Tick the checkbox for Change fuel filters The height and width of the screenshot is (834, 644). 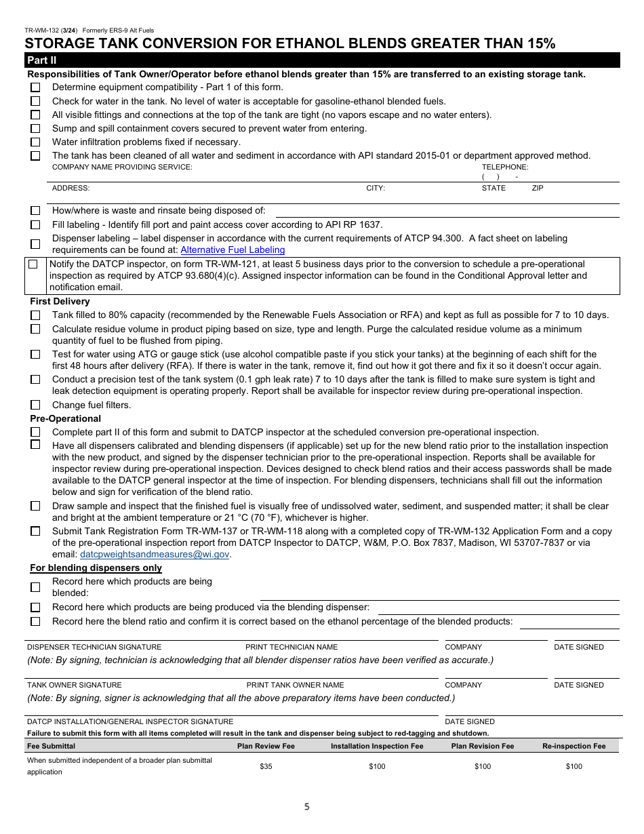[x=35, y=405]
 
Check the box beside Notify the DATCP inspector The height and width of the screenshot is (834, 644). [x=33, y=264]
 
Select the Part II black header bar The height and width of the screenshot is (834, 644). [x=322, y=60]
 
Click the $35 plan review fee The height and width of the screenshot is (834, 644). [x=266, y=766]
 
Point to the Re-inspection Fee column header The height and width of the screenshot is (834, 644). [x=573, y=746]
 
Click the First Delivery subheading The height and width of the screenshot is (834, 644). [x=60, y=301]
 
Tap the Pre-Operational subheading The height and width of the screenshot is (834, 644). [x=65, y=418]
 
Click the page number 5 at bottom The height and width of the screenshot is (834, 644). [x=306, y=807]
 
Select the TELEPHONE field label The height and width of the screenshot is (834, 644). [x=504, y=167]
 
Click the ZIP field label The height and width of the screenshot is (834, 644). [x=538, y=188]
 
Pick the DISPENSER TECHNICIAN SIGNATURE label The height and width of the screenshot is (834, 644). [x=94, y=647]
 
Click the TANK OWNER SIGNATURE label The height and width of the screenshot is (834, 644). [x=75, y=685]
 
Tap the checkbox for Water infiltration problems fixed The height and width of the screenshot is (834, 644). [x=35, y=142]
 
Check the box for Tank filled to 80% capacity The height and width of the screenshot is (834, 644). [x=35, y=315]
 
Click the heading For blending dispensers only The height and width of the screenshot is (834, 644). [x=96, y=568]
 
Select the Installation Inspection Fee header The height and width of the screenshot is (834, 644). [x=377, y=746]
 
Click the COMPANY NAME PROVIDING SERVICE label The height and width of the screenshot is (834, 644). [x=122, y=167]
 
